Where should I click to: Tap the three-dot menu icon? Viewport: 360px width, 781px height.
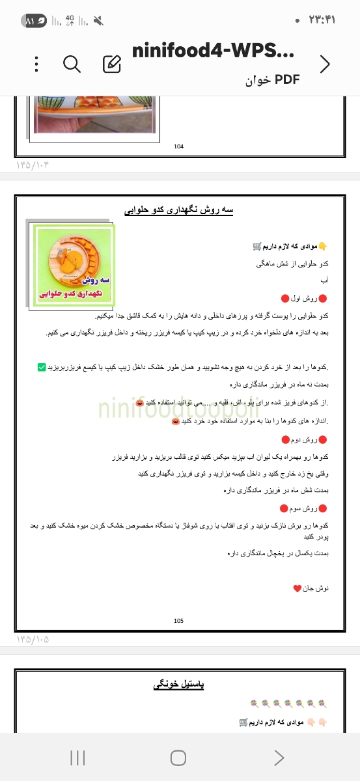36,64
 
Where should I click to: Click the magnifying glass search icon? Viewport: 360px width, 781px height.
72,64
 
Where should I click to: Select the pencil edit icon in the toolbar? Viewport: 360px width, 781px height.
112,64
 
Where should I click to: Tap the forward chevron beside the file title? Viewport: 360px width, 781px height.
325,64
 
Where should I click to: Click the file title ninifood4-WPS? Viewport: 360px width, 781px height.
213,52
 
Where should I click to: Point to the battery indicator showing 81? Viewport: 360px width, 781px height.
34,21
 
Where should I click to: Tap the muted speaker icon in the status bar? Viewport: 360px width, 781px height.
98,21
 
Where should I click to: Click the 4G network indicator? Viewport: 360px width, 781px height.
70,21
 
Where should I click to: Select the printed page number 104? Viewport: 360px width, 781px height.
179,146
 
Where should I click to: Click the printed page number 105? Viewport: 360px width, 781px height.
179,621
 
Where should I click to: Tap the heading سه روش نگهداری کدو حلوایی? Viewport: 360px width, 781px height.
179,210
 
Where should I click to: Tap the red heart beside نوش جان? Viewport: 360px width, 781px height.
297,588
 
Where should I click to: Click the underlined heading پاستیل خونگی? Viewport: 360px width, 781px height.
179,685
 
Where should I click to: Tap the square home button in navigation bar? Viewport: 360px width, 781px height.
178,757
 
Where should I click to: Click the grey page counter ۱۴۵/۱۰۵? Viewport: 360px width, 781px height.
33,639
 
